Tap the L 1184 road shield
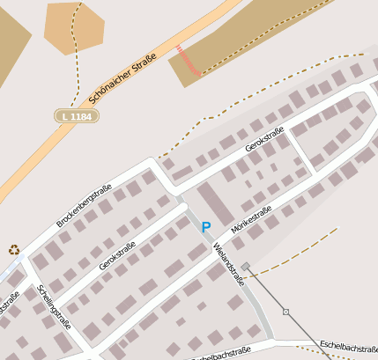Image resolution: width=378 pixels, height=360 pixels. tap(77, 115)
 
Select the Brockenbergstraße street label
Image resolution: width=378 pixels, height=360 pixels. tap(84, 206)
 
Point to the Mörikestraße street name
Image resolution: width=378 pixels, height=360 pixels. tap(250, 219)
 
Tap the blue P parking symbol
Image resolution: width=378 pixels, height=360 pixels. tap(206, 227)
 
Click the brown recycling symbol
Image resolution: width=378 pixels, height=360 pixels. tap(14, 250)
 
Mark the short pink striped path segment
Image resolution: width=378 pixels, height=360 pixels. tap(188, 60)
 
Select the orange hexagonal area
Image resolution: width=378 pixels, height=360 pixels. tap(75, 28)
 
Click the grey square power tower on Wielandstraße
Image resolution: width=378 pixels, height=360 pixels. tap(246, 266)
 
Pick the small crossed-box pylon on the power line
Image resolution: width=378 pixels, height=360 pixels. tap(285, 312)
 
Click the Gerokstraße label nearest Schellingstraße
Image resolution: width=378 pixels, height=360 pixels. tap(117, 255)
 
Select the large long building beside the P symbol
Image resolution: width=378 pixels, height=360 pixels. tap(216, 203)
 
